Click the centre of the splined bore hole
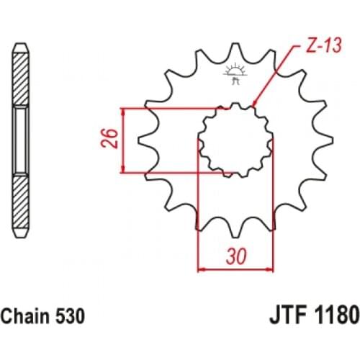pos(235,140)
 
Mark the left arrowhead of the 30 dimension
pos(202,269)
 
